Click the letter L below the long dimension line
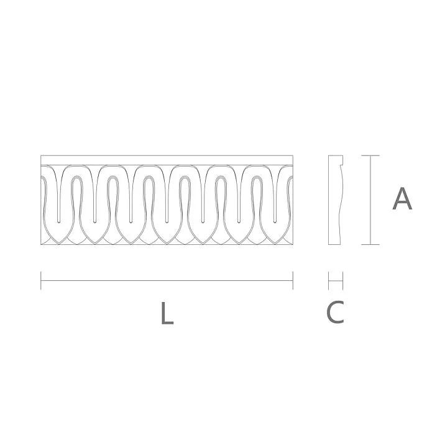[166, 313]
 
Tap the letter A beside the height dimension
[402, 199]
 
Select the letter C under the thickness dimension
[335, 312]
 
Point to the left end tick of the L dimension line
[41, 280]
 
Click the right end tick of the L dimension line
[293, 280]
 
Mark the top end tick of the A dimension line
[370, 155]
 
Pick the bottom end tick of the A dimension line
[370, 244]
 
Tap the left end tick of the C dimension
[328, 281]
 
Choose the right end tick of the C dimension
[343, 281]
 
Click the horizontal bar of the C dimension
[336, 281]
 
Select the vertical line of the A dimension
[370, 199]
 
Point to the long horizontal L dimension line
[167, 280]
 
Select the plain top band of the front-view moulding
[167, 160]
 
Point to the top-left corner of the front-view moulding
[41, 155]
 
